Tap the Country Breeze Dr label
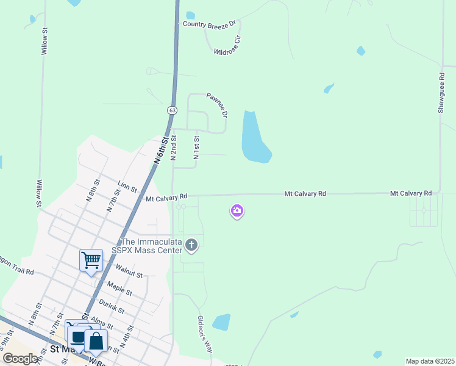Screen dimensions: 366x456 point(209,24)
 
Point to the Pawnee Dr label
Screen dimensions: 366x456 point(217,105)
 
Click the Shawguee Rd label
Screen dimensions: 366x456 point(441,93)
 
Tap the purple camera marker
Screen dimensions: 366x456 point(237,211)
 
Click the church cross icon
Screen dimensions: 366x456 point(191,245)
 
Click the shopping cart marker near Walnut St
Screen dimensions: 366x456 point(91,260)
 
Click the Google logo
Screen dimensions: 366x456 point(20,358)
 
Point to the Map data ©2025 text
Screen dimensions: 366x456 point(430,361)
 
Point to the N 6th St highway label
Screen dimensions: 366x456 point(159,149)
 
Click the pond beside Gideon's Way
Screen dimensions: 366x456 point(221,321)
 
